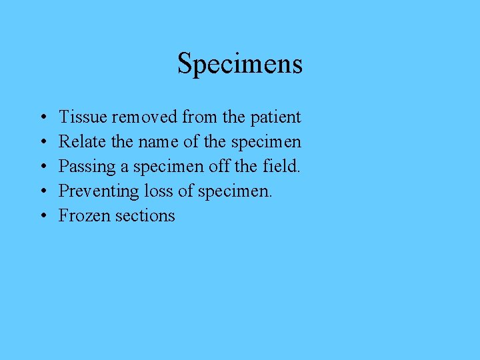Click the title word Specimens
click(240, 64)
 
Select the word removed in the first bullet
click(145, 117)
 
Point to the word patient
click(275, 118)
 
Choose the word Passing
click(85, 167)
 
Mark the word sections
click(145, 216)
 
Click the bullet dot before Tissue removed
click(42, 118)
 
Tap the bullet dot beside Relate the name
click(42, 143)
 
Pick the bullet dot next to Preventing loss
click(42, 192)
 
